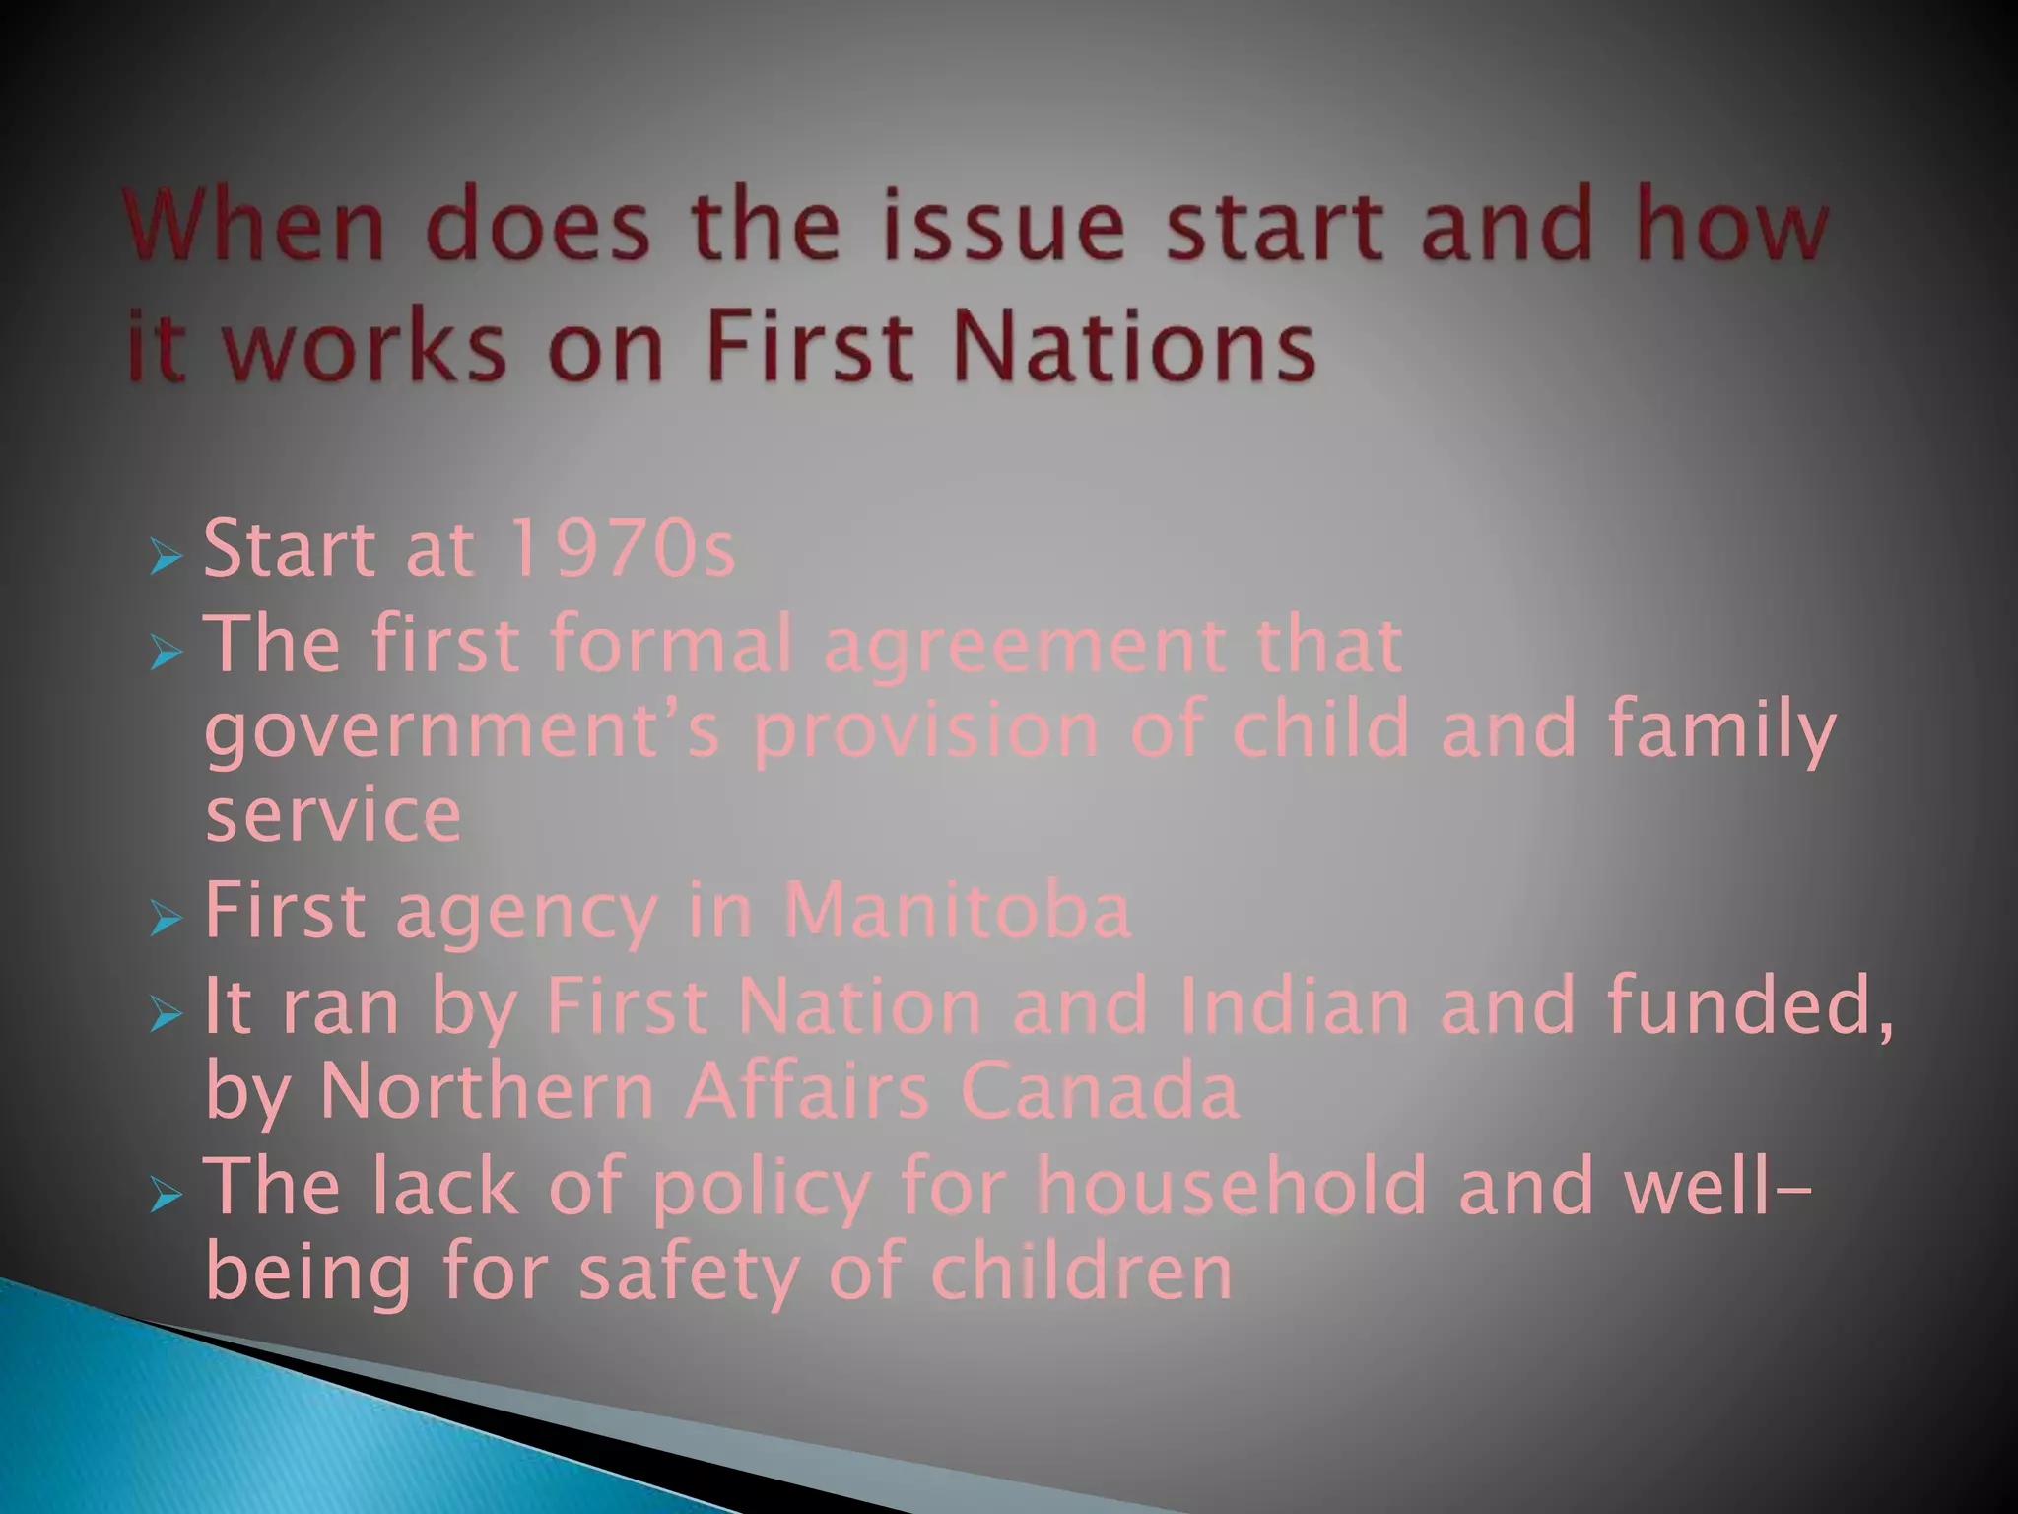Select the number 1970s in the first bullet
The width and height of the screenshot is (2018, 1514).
[623, 549]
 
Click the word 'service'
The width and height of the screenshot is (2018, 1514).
[333, 816]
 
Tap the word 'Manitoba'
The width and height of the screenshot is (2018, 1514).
[957, 912]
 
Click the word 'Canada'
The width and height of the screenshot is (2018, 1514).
[1100, 1092]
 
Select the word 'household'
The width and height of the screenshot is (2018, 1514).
[1233, 1185]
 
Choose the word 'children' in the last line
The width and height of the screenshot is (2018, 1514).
[1082, 1272]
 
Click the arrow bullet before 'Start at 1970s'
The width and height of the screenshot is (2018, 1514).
[167, 558]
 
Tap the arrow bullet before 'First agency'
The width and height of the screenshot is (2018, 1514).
[167, 921]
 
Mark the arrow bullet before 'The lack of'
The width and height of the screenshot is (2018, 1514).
[167, 1196]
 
